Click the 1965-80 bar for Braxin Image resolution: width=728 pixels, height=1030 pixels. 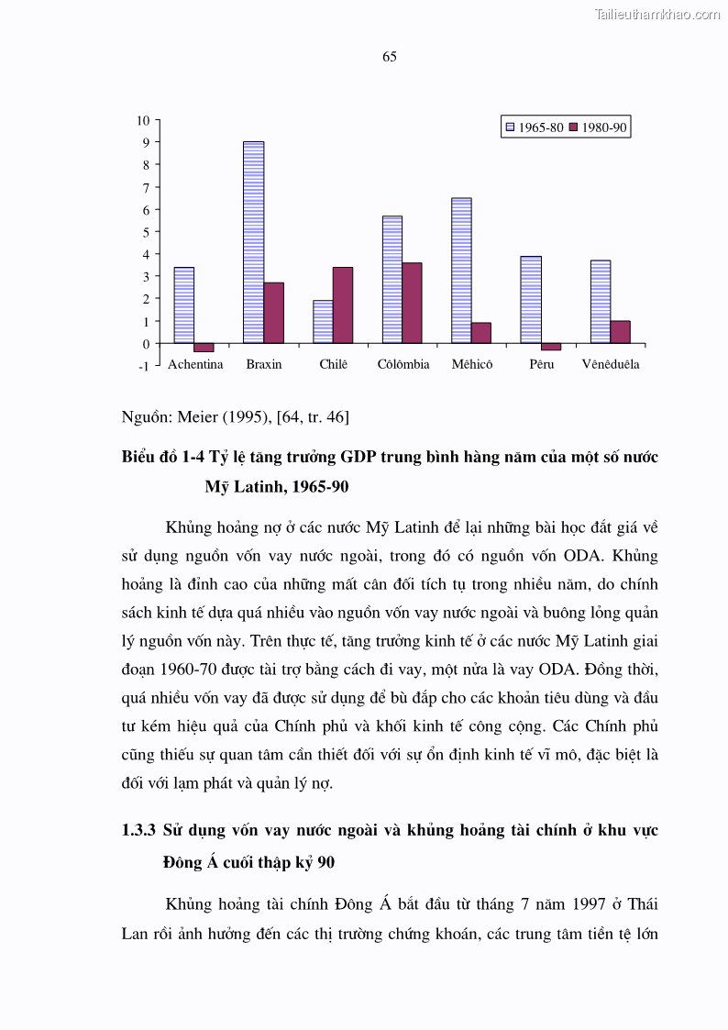pyautogui.click(x=253, y=242)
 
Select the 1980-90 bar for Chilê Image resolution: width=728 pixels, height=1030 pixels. pyautogui.click(x=342, y=305)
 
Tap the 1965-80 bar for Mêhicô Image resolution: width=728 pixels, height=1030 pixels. pyautogui.click(x=461, y=271)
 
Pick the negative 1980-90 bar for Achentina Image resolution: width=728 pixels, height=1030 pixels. pyautogui.click(x=204, y=348)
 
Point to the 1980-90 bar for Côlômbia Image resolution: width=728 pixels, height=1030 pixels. pyautogui.click(x=412, y=303)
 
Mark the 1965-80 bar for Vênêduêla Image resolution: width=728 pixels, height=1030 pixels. pyautogui.click(x=601, y=302)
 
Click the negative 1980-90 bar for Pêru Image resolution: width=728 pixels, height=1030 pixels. pyautogui.click(x=551, y=347)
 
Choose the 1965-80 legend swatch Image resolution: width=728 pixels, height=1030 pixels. pyautogui.click(x=510, y=127)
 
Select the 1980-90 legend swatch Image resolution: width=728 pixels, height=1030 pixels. pyautogui.click(x=574, y=127)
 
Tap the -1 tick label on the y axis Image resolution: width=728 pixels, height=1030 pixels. pyautogui.click(x=143, y=366)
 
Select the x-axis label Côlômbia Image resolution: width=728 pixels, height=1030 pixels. pyautogui.click(x=403, y=364)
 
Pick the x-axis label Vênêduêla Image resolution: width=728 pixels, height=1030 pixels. pyautogui.click(x=611, y=364)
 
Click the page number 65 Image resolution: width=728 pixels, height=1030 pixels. pyautogui.click(x=389, y=57)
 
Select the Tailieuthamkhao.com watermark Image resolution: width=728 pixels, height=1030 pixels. pyautogui.click(x=657, y=14)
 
